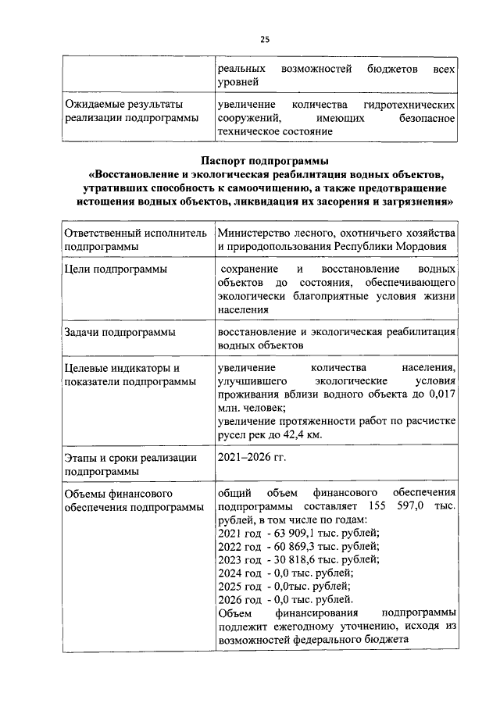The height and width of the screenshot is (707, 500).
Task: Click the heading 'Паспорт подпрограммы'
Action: coord(264,160)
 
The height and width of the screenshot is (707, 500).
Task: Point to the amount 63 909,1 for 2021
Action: coord(292,534)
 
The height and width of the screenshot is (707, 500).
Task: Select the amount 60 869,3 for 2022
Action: coord(293,546)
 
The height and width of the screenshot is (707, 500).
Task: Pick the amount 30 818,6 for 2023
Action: coord(292,559)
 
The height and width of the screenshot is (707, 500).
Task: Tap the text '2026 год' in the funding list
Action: coord(239,599)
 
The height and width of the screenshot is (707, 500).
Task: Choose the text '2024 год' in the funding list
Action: coord(239,573)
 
